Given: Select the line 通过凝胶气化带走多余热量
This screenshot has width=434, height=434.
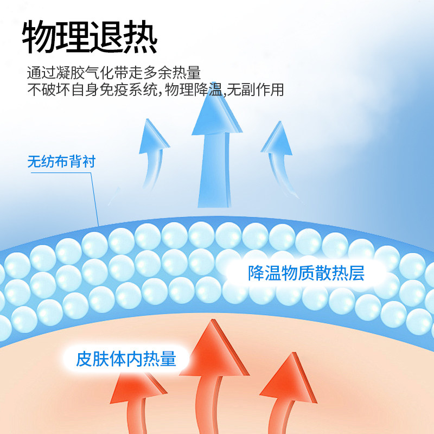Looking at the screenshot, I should pyautogui.click(x=114, y=73).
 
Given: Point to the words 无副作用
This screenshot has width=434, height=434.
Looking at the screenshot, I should pyautogui.click(x=256, y=90).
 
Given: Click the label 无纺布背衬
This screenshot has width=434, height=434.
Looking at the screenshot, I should pyautogui.click(x=61, y=161).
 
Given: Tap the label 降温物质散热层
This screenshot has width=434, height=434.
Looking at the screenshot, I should pyautogui.click(x=306, y=273).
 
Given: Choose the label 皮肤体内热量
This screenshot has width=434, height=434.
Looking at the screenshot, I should pyautogui.click(x=126, y=359).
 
